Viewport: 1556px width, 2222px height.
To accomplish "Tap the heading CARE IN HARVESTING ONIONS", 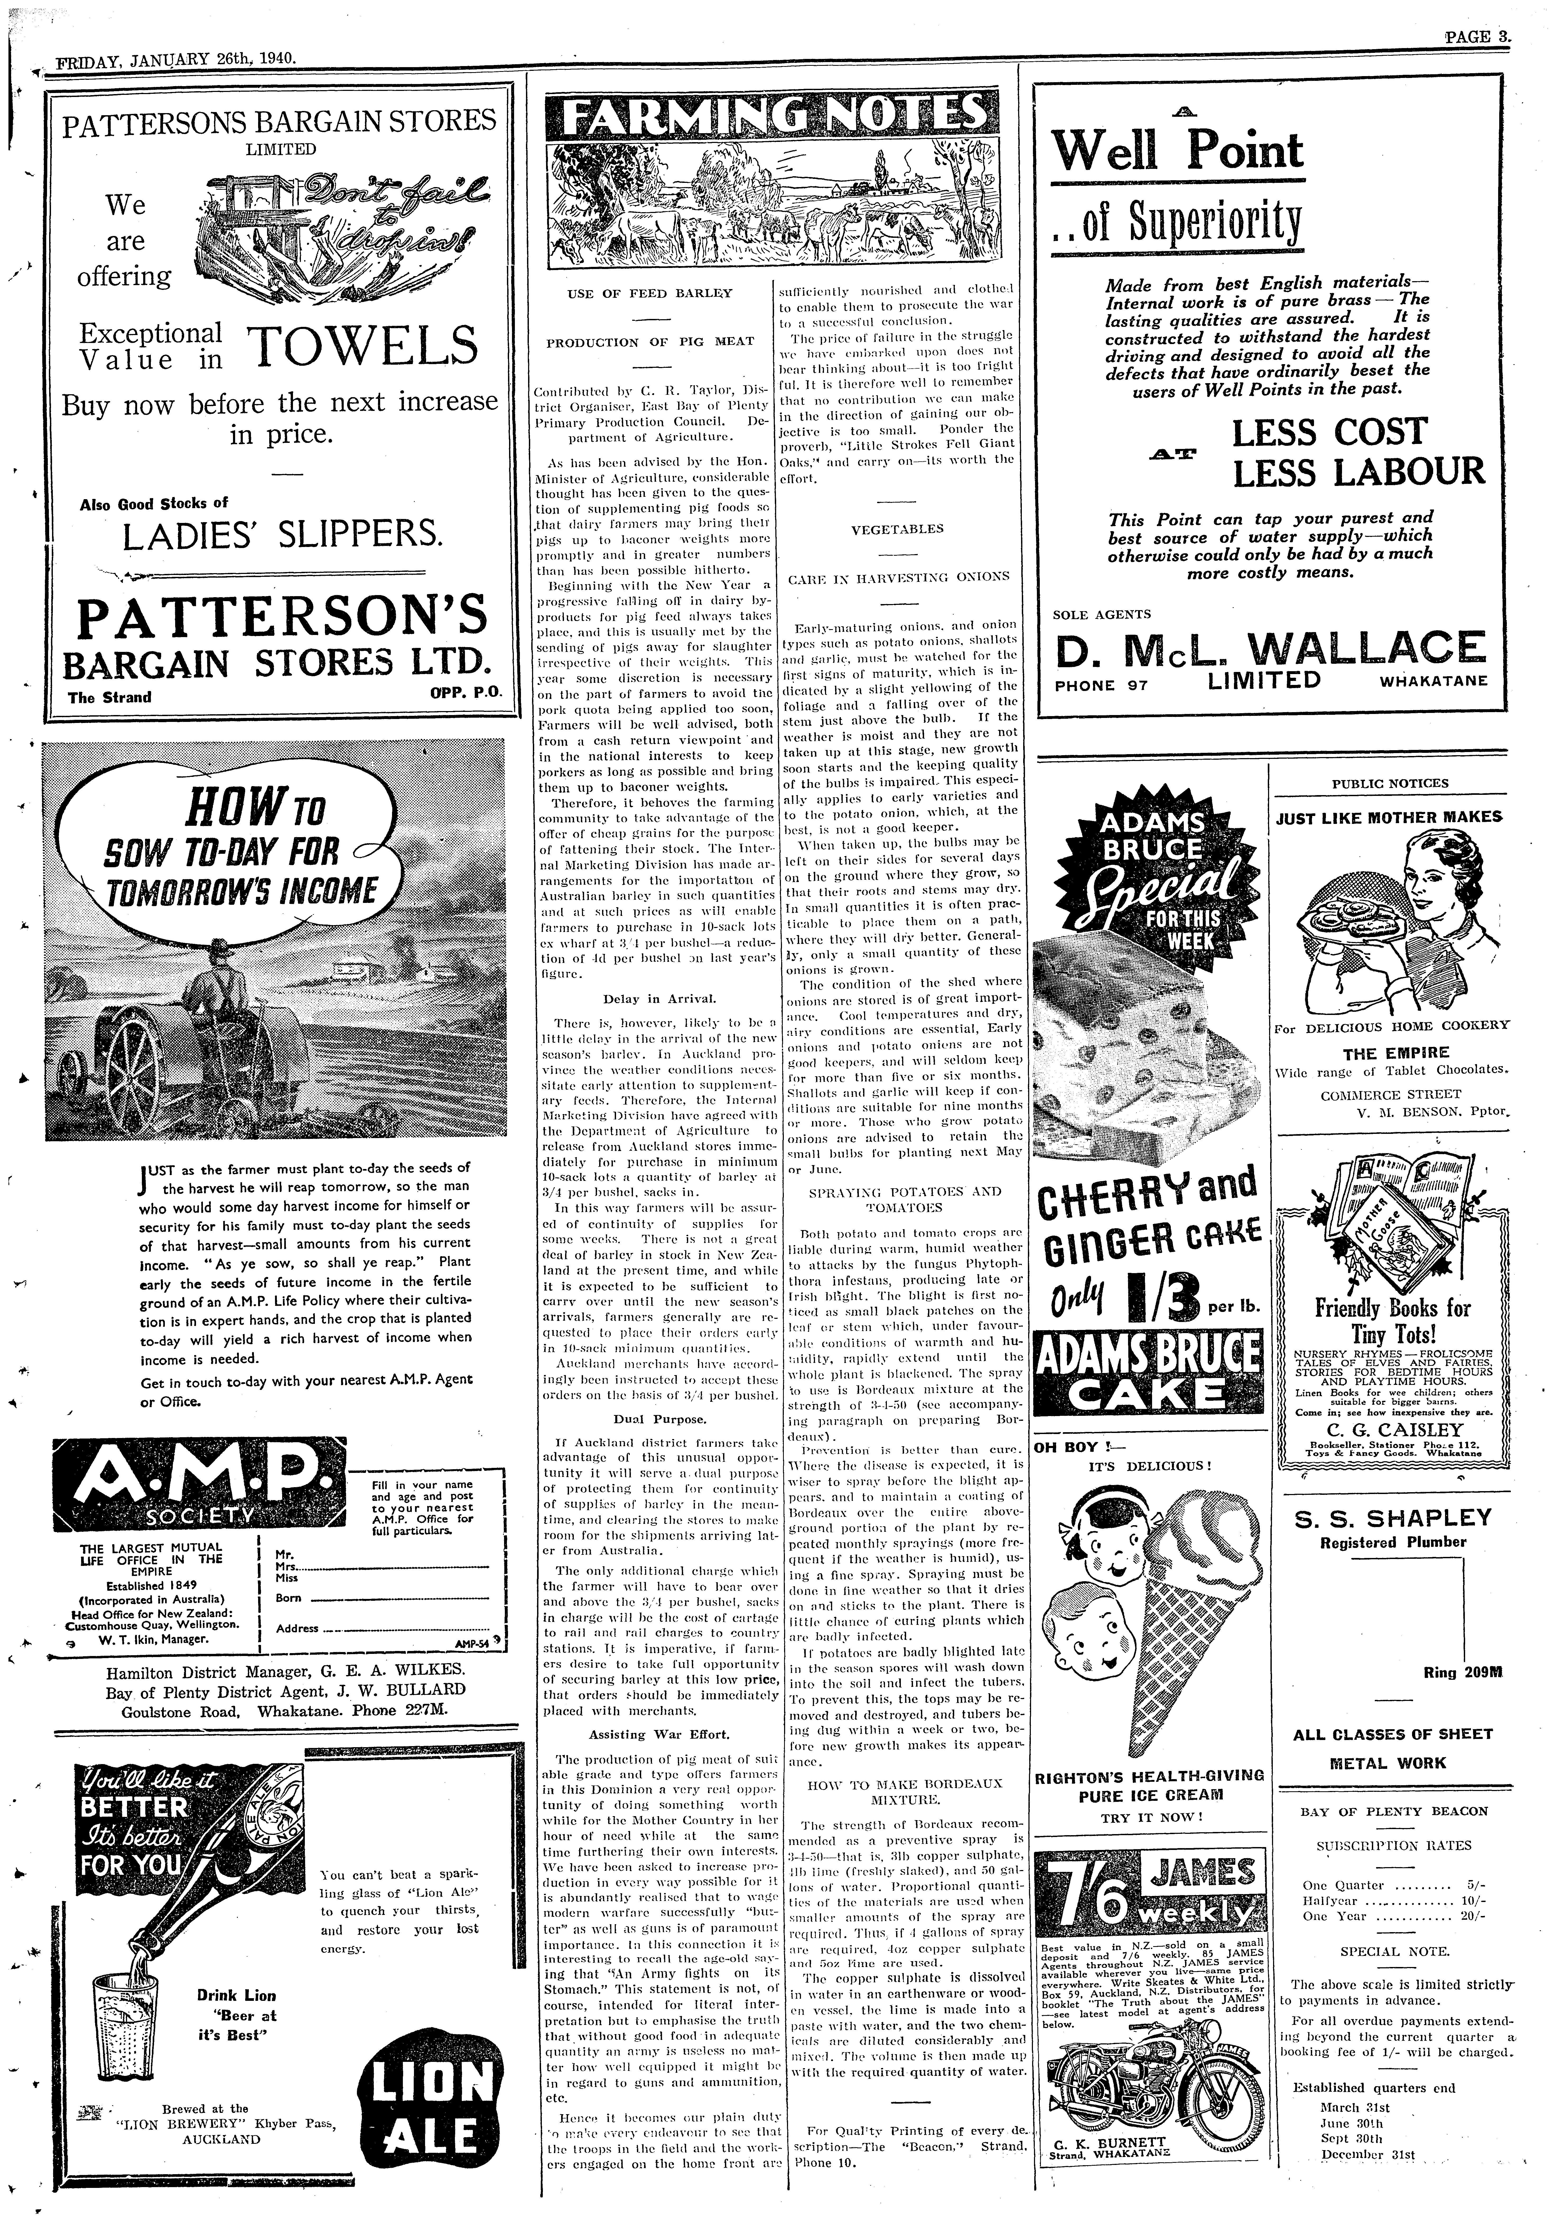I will (898, 577).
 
